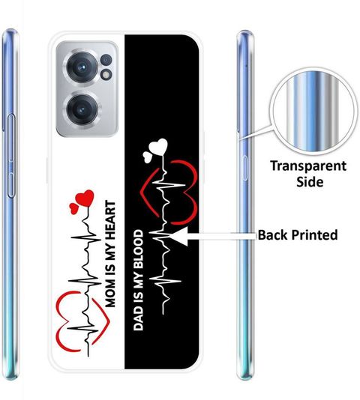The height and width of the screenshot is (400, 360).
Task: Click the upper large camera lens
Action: coord(82,67)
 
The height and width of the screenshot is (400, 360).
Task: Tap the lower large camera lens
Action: coord(82,110)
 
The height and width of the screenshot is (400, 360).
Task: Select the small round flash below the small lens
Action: coord(106,75)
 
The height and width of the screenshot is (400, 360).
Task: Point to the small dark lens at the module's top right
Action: coord(106,60)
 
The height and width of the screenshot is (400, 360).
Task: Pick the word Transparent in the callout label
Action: coord(308,166)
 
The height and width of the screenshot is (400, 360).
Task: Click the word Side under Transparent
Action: coord(310,182)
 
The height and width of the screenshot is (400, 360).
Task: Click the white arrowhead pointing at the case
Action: coord(181,236)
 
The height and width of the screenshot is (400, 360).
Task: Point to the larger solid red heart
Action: coord(85,198)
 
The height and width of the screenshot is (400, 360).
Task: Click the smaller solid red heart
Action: coord(73,208)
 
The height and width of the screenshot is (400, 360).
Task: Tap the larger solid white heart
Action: coord(158,147)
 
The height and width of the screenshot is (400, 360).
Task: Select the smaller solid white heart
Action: coord(148,157)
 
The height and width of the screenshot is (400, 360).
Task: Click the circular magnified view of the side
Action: coord(313,111)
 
